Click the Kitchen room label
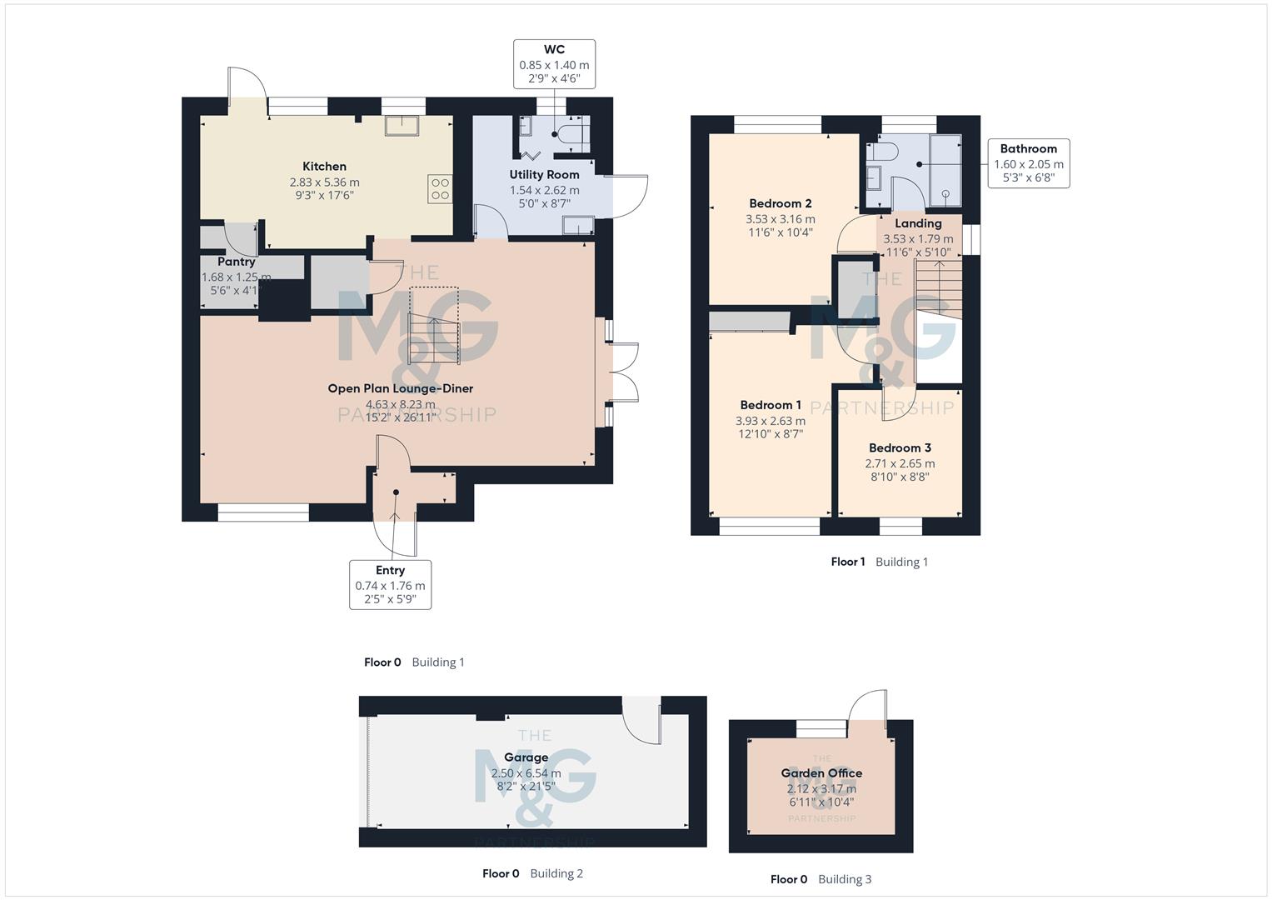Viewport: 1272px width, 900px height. pos(324,167)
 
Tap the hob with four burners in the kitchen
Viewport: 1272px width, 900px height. pos(440,189)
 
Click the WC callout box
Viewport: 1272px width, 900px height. pos(554,64)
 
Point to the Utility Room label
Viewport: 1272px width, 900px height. pos(544,175)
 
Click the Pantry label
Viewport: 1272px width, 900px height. pos(236,262)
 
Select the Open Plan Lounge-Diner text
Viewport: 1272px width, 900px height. pos(400,388)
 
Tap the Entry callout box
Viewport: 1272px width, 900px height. pos(390,584)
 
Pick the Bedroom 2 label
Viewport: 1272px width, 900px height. pos(780,203)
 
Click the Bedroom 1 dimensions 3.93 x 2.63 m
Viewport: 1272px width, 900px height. pos(770,421)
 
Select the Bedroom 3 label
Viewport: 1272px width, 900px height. pos(900,448)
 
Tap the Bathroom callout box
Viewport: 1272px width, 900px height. pos(1028,163)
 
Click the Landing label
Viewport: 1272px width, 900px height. pos(918,223)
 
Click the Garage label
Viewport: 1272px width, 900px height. pos(526,757)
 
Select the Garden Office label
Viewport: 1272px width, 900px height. pos(821,773)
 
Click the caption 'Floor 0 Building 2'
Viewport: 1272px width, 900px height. pos(532,873)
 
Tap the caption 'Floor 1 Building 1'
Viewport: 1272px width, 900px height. pos(879,562)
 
